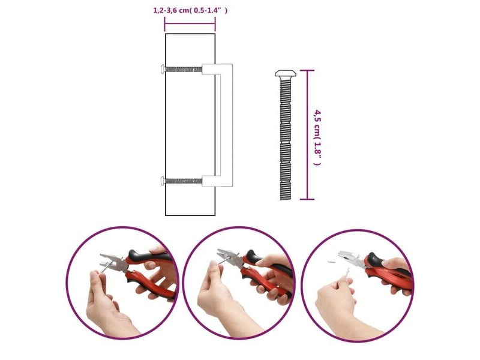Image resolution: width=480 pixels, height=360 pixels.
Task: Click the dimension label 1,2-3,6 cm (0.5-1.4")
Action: point(190,10)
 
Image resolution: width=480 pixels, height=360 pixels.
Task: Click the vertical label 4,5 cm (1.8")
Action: point(318,137)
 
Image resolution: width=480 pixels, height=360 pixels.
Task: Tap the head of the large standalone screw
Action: point(286,73)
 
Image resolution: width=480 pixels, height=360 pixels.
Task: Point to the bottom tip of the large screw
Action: point(286,200)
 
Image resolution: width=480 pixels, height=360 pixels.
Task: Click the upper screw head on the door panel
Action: point(163,69)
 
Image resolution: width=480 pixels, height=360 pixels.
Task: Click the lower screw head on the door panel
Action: point(163,181)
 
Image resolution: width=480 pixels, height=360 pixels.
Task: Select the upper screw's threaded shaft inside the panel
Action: point(184,70)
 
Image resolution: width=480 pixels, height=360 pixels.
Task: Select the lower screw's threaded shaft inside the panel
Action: point(184,181)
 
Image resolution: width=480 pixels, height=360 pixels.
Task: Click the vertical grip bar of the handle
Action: point(227,125)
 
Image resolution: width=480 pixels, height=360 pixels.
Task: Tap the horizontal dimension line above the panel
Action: point(190,24)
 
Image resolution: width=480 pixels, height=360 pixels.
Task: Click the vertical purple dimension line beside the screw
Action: point(307,134)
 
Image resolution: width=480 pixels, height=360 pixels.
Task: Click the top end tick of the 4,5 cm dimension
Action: point(307,70)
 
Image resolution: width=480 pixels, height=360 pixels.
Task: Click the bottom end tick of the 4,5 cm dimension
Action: point(307,199)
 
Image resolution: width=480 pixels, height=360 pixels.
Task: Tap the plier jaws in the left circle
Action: point(112,262)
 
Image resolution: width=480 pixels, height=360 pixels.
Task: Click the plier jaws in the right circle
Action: point(350,257)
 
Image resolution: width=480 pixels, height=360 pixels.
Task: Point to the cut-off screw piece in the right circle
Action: point(331,262)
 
